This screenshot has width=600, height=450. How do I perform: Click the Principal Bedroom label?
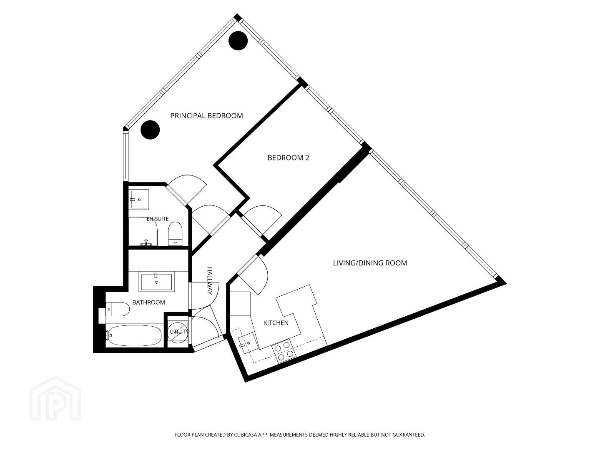tap(206, 116)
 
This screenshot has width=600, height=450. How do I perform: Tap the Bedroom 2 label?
tap(288, 157)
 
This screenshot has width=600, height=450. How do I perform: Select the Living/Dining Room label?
tap(370, 263)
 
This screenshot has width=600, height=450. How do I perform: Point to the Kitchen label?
tap(276, 323)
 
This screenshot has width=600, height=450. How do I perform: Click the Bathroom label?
tap(149, 302)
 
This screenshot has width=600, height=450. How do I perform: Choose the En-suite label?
tap(158, 219)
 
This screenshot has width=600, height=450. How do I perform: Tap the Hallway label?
tap(210, 281)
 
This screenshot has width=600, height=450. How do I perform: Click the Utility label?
tap(179, 332)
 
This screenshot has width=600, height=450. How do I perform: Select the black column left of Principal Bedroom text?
tap(150, 130)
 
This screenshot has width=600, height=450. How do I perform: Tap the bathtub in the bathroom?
tap(134, 335)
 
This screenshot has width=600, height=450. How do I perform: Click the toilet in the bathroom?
tap(118, 309)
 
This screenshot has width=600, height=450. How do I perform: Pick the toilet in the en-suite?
tap(175, 234)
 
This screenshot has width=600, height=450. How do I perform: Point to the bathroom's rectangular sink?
tap(156, 282)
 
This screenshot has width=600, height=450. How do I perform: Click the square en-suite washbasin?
tap(139, 199)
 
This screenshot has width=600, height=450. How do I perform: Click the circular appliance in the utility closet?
tap(178, 332)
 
